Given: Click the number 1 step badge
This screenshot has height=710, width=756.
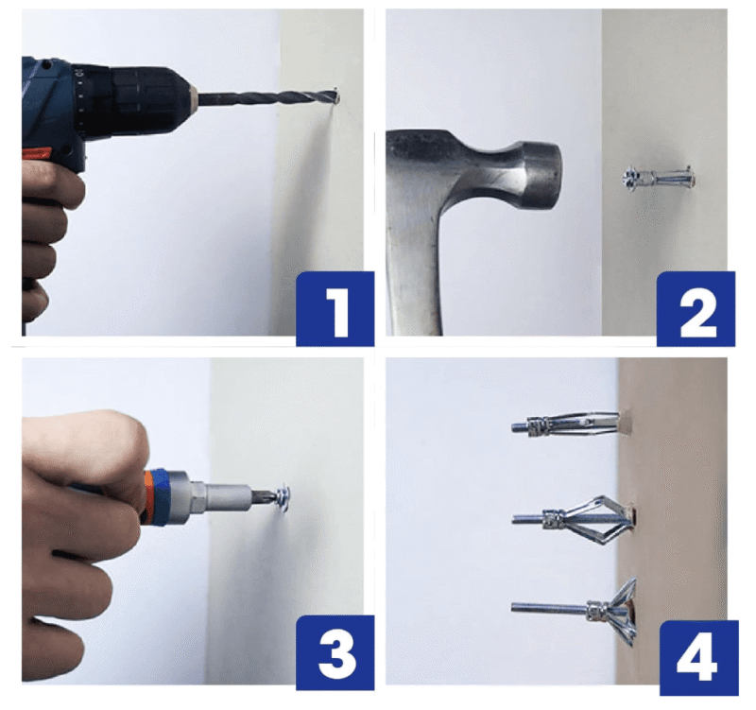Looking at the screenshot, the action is point(335,309).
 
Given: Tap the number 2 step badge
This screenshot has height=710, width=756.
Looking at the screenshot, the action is point(696,309).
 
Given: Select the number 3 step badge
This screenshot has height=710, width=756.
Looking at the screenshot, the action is point(335,652).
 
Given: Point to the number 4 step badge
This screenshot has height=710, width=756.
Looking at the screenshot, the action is point(698,658).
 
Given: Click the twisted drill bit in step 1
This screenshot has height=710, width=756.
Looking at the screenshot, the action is point(266,98).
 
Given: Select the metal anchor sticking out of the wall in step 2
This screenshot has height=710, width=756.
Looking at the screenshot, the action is point(659,178).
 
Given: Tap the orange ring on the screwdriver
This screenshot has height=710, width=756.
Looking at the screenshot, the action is point(149,497).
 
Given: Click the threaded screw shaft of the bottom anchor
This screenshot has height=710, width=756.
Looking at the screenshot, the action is point(550,608).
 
